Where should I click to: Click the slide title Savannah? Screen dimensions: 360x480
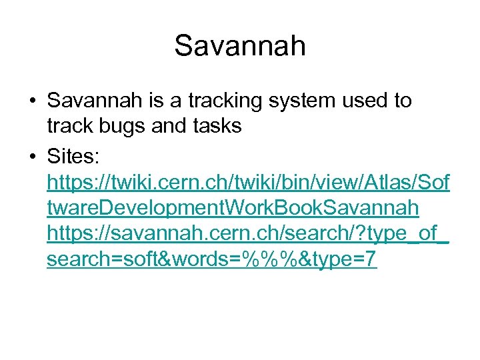tap(240, 46)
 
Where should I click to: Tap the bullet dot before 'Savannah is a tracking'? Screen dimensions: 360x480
tap(33, 101)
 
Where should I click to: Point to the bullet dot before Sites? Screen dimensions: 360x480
tap(33, 157)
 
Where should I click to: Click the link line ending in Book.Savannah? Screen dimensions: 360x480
tap(233, 208)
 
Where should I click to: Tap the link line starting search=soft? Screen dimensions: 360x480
tap(212, 260)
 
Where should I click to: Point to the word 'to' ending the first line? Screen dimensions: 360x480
tap(403, 101)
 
